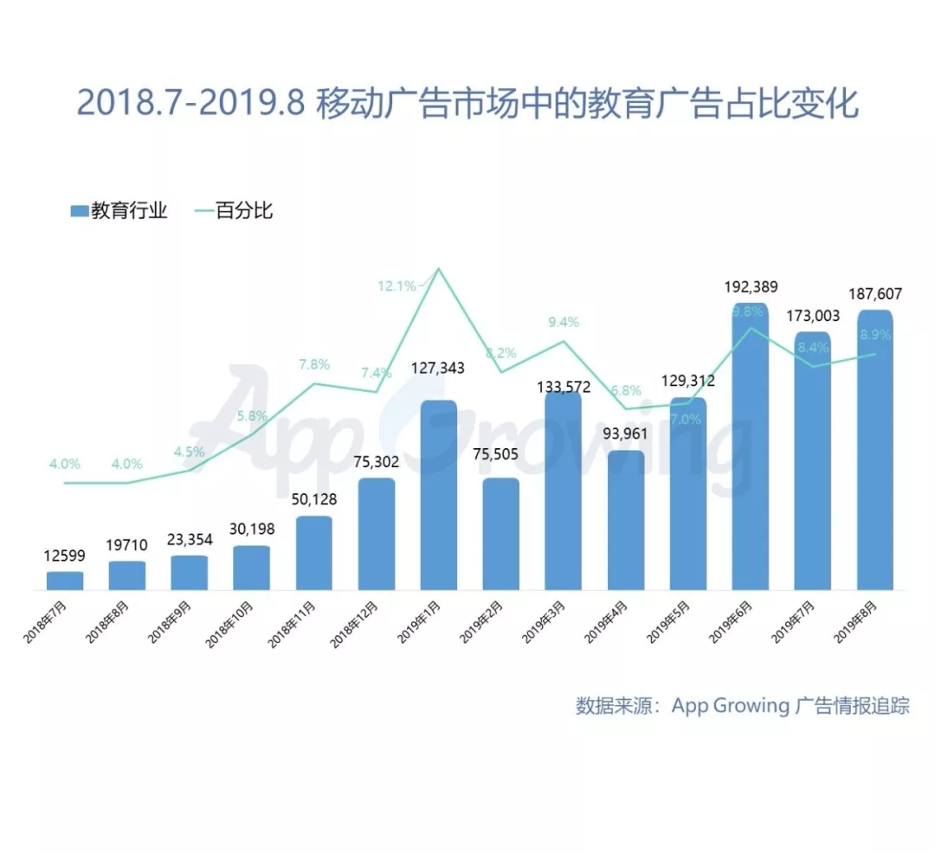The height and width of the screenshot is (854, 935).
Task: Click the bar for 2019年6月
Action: (750, 450)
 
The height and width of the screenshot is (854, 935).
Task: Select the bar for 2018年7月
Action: (65, 581)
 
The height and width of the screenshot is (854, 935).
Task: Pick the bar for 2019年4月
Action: (625, 520)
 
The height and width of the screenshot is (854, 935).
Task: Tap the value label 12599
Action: (65, 555)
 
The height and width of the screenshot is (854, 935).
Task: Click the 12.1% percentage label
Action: (397, 286)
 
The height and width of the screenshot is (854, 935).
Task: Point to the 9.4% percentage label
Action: (563, 322)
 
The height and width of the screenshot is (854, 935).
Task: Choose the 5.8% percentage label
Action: (252, 416)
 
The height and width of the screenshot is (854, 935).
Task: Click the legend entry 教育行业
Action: (119, 210)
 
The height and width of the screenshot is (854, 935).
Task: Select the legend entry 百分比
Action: (232, 210)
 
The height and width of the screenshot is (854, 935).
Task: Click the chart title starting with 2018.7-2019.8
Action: (467, 103)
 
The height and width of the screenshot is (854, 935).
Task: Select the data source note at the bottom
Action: (743, 705)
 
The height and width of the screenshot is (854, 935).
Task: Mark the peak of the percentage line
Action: (438, 269)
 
